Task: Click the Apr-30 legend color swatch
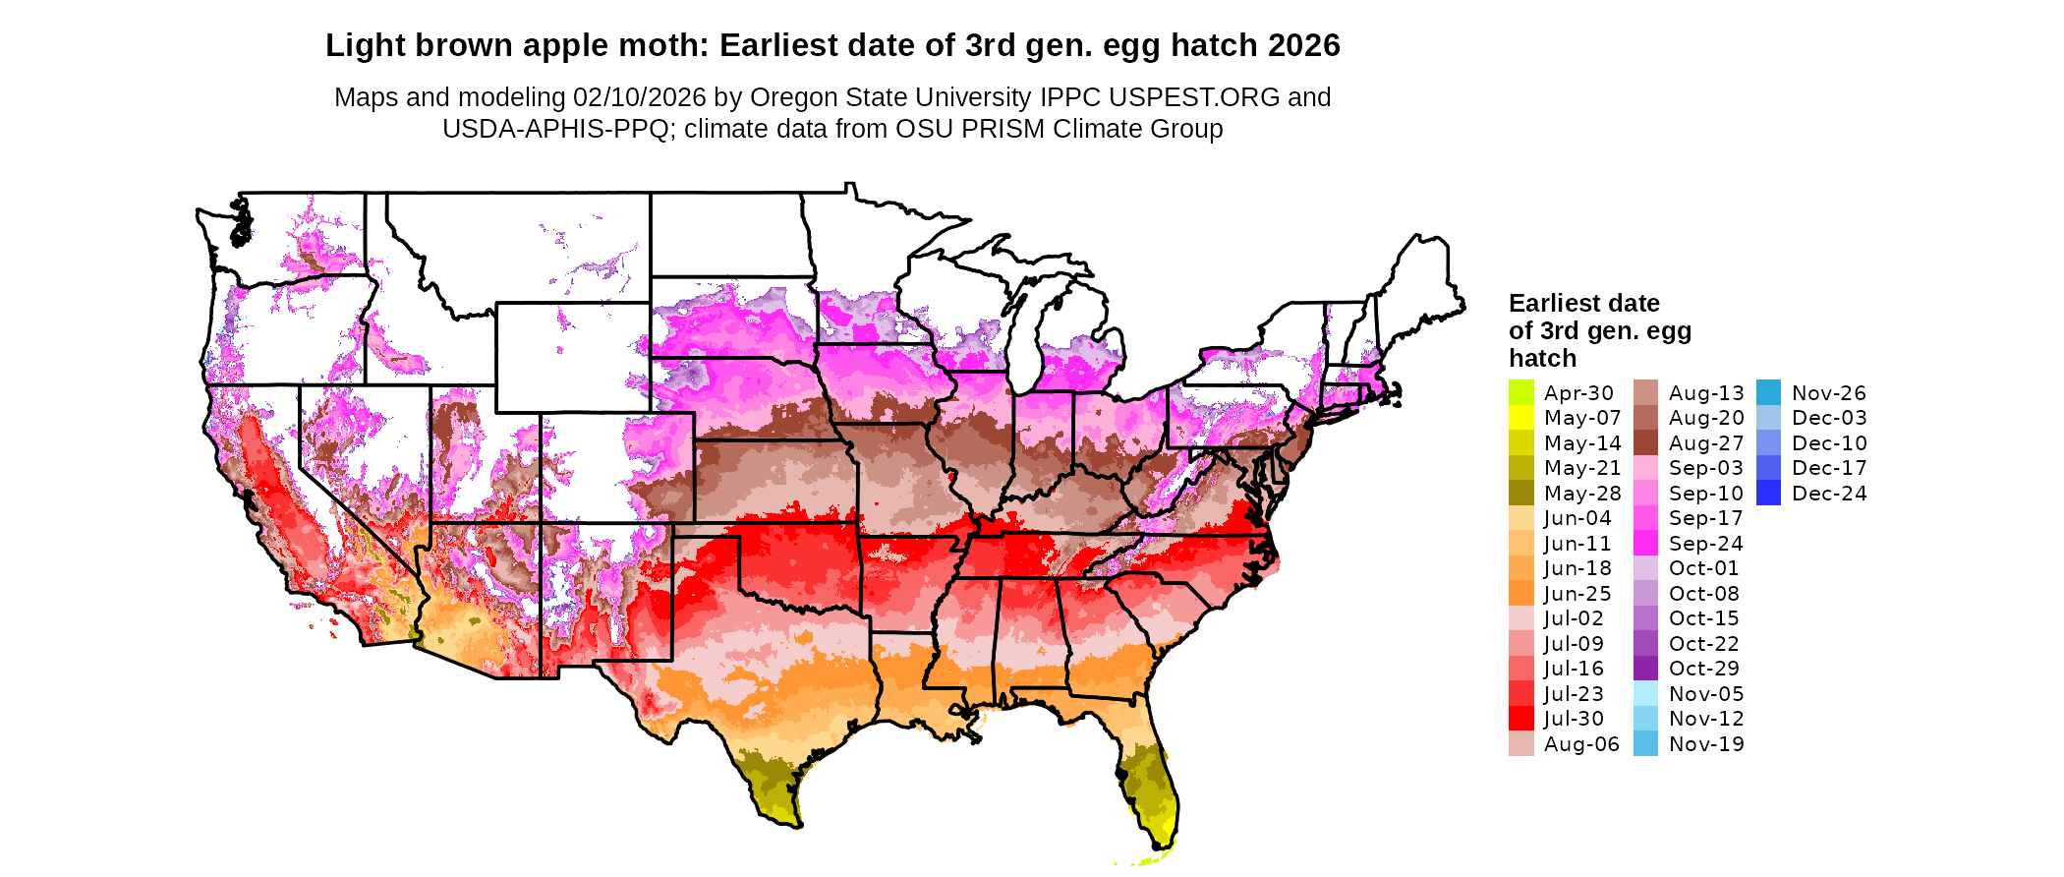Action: (1520, 392)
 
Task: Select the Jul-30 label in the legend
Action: (1574, 719)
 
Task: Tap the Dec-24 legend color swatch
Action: (1768, 494)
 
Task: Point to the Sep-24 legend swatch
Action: (1645, 544)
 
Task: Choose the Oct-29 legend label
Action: (1703, 669)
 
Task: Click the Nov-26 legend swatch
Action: (1768, 392)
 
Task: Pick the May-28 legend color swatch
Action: (1520, 494)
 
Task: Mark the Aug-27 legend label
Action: (1706, 443)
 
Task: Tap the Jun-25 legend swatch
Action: (1520, 594)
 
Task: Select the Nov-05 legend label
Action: (1706, 694)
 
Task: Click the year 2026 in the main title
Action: (1303, 45)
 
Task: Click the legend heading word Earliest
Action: (1556, 303)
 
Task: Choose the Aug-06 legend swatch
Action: (1520, 744)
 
